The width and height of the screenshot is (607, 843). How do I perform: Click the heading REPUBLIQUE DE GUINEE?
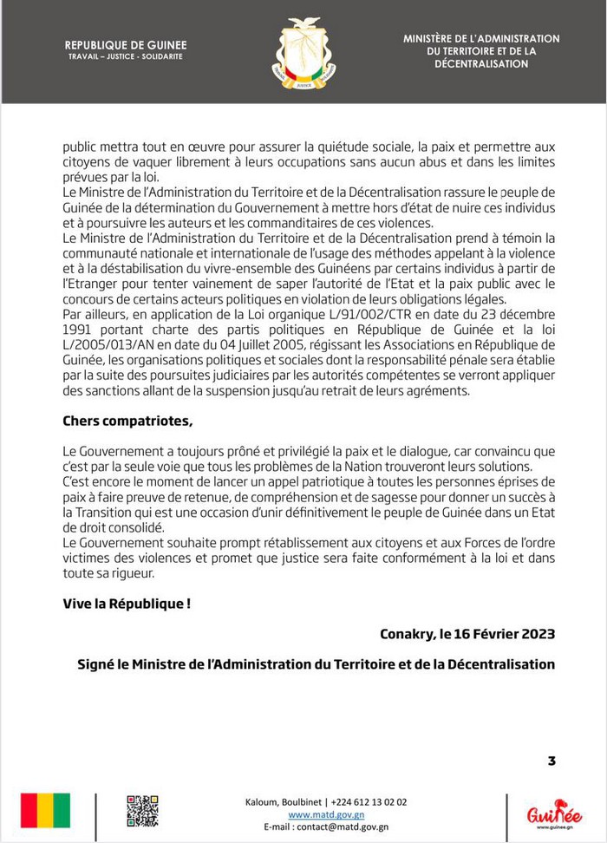coord(126,45)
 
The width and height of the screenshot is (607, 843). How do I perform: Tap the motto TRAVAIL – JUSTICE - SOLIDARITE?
coord(126,56)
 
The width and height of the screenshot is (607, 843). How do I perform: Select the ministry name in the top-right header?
coord(481,51)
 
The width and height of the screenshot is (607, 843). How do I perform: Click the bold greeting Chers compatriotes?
coord(128,421)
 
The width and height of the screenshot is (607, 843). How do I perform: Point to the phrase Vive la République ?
coord(127,603)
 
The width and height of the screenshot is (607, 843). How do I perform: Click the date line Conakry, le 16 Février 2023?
coord(467,634)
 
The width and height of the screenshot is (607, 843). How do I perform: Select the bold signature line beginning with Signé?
coord(316,664)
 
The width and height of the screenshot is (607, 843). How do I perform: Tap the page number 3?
coord(552,761)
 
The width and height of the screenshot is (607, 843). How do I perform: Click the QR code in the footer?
coord(142,811)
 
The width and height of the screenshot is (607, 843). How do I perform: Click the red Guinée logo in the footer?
coord(554,814)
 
